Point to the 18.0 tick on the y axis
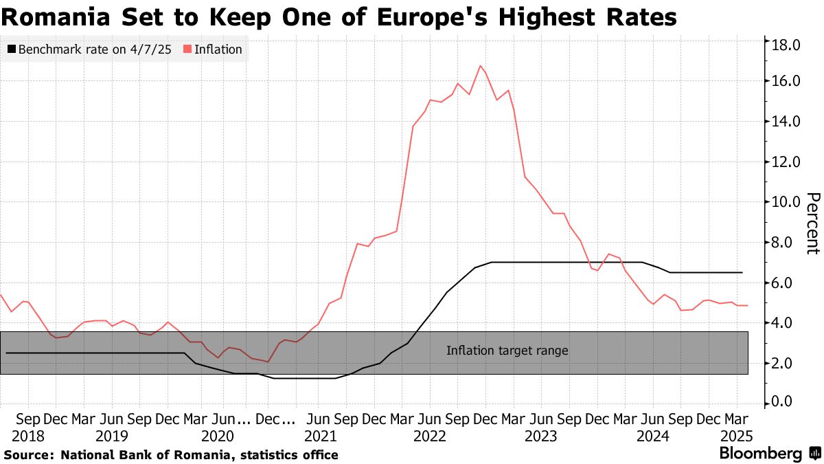[x=786, y=45]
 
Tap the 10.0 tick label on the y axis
[x=786, y=202]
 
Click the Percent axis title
[x=812, y=223]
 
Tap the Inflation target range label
[x=507, y=351]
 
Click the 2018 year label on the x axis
[x=28, y=436]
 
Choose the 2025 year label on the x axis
[x=737, y=436]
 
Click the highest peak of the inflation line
[x=480, y=66]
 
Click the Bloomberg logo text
[x=760, y=454]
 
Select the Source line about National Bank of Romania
[x=171, y=455]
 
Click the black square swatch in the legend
[x=12, y=49]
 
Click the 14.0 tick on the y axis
[x=786, y=122]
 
